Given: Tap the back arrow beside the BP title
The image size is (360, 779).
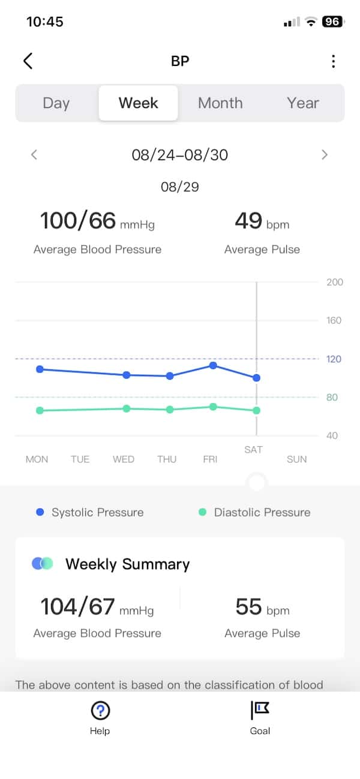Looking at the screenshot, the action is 28,61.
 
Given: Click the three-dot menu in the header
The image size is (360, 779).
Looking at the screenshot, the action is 333,61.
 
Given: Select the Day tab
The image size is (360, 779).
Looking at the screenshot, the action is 56,103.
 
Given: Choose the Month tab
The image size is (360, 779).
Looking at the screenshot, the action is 220,103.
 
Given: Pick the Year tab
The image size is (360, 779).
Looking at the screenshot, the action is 303,103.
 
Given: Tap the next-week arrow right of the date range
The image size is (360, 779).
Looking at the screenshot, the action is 325,155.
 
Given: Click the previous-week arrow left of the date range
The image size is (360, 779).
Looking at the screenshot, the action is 34,155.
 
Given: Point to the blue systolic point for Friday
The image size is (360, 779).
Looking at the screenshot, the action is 213,365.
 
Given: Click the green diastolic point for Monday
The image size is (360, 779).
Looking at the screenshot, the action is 40,410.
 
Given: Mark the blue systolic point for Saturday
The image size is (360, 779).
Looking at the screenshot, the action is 256,378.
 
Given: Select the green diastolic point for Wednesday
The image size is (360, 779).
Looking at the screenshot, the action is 127,408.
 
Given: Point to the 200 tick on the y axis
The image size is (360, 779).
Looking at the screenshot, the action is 335,282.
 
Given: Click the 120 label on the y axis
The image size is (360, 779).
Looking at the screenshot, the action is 334,359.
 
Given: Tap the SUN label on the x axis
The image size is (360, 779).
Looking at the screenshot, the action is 296,459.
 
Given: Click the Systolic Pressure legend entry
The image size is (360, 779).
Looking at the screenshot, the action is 90,512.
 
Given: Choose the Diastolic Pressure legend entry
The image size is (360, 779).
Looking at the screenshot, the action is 254,512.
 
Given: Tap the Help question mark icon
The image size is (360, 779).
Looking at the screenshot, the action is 100,710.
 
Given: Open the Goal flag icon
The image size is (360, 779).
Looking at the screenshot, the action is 260,709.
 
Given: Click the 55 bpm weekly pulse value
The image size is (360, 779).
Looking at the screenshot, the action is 262,607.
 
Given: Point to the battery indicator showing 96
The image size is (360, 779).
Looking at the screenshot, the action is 332,22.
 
